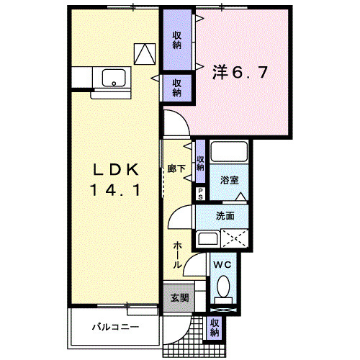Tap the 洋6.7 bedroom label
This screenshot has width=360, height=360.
tap(240, 73)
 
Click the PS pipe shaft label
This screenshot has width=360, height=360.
tap(200, 193)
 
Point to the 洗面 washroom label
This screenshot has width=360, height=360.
tap(225, 215)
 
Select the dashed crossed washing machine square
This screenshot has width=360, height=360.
tap(235, 238)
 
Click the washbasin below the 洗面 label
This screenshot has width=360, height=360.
tap(208, 240)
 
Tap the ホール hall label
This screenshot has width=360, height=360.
tap(177, 256)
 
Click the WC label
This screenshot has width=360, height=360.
tap(223, 264)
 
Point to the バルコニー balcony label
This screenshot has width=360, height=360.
tap(115, 327)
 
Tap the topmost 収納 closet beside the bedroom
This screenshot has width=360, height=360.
tap(176, 40)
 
